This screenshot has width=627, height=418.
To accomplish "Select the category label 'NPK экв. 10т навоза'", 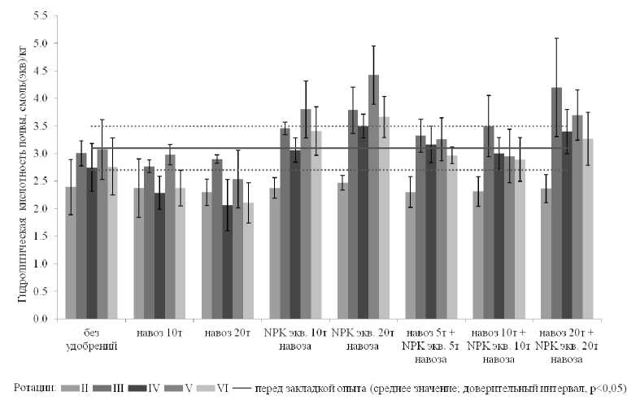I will click(296, 339).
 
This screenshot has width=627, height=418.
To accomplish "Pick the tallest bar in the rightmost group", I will click(555, 203).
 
